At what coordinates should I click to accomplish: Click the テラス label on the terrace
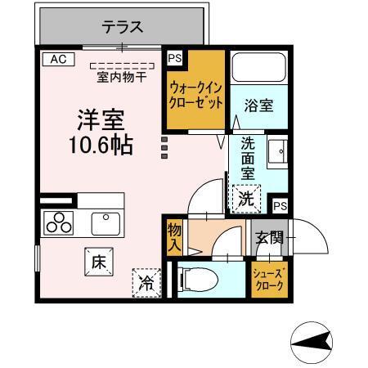(x=123, y=27)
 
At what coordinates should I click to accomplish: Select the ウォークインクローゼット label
(x=196, y=95)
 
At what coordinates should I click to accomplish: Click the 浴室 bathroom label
(x=258, y=104)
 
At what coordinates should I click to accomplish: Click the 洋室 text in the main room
(x=100, y=120)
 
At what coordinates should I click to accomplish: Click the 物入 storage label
(x=174, y=236)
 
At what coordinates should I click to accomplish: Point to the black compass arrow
(x=314, y=340)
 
